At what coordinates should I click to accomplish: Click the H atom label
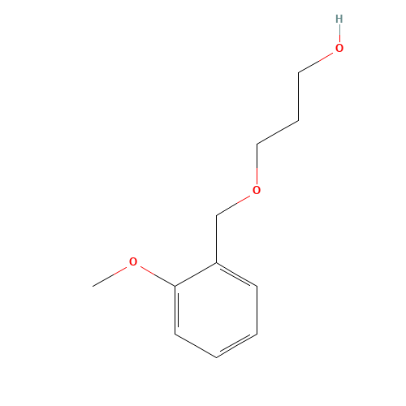tap(339, 19)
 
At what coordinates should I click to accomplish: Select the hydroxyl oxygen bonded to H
tap(339, 48)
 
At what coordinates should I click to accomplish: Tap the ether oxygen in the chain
tap(257, 190)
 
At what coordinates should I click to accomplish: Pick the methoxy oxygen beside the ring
tap(133, 261)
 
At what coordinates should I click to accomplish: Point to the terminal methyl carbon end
tap(93, 286)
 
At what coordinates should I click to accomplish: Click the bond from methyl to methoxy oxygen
tap(110, 277)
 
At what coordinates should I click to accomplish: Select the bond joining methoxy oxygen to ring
tap(158, 276)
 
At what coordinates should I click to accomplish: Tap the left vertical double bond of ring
tap(175, 310)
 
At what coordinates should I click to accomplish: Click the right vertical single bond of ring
tap(257, 310)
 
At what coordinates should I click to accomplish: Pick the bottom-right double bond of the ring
tap(236, 346)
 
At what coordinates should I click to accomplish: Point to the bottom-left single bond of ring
tap(196, 346)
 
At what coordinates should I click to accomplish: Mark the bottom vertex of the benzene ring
tap(216, 357)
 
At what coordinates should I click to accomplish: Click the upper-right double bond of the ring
tap(236, 274)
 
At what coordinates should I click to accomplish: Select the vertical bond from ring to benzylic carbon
tap(216, 240)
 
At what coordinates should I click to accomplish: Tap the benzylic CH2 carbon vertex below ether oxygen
tap(216, 216)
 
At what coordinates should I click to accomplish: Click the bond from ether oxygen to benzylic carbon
tap(233, 205)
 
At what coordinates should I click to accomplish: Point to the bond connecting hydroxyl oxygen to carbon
tap(316, 63)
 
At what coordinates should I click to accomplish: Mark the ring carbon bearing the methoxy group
tap(175, 286)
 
